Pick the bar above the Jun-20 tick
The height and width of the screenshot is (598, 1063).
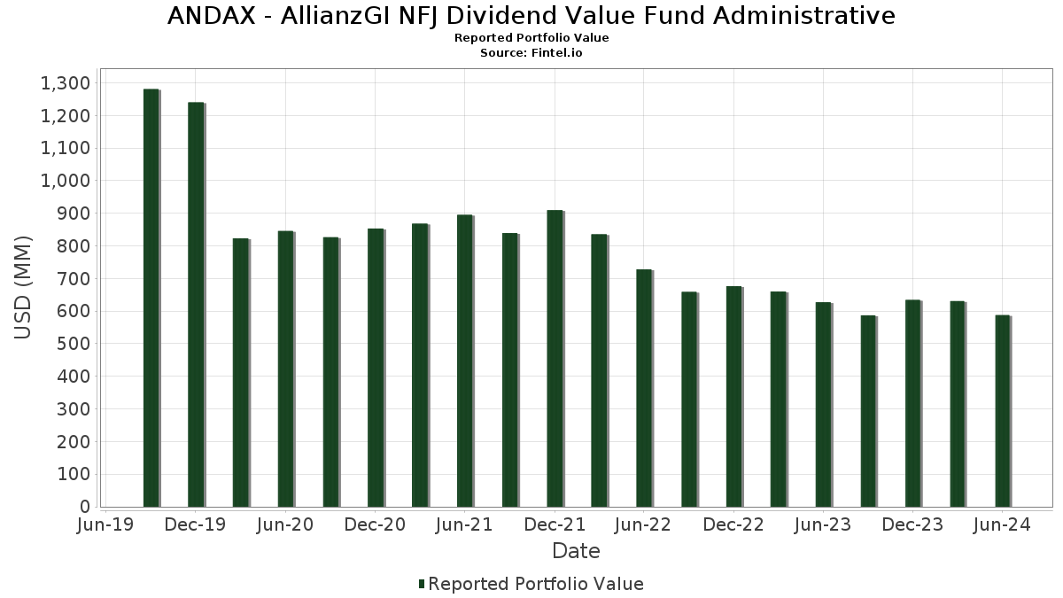pyautogui.click(x=285, y=369)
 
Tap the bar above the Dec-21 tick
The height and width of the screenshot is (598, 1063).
pyautogui.click(x=555, y=358)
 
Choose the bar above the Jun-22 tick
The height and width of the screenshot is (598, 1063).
pyautogui.click(x=644, y=387)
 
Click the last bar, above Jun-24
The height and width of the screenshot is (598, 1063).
pyautogui.click(x=1002, y=410)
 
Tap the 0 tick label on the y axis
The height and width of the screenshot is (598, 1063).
pyautogui.click(x=85, y=507)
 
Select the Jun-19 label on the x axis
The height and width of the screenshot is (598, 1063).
pyautogui.click(x=106, y=525)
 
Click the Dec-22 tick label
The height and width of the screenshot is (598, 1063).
pyautogui.click(x=733, y=525)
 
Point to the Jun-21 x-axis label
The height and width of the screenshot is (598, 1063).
pyautogui.click(x=464, y=525)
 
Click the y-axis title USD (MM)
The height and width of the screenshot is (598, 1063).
pyautogui.click(x=24, y=288)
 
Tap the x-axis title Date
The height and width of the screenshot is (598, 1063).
pyautogui.click(x=576, y=551)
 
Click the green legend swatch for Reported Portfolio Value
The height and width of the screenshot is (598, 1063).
pyautogui.click(x=422, y=584)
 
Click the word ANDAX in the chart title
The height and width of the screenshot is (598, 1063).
pyautogui.click(x=209, y=16)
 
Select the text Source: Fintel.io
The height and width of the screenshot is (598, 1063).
pyautogui.click(x=531, y=53)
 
